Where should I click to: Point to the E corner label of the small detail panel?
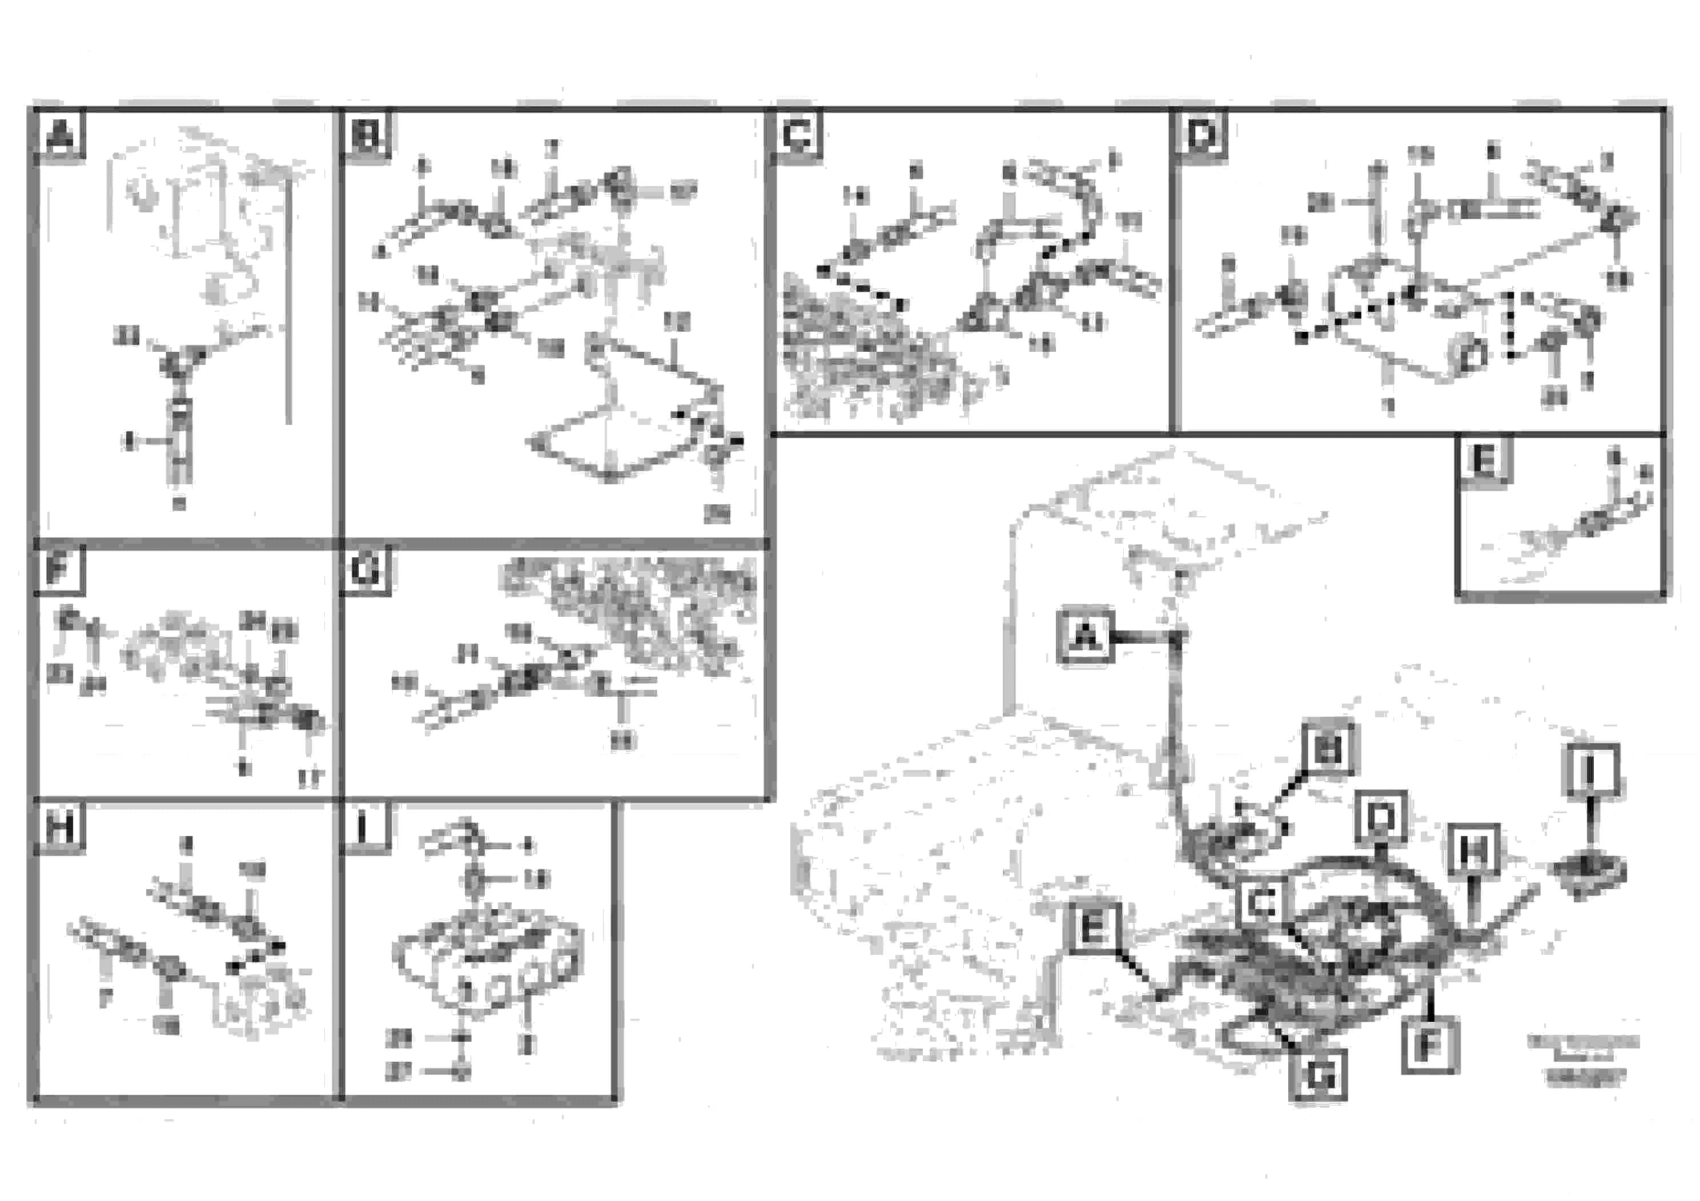(x=1484, y=460)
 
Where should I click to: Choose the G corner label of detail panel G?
(x=367, y=570)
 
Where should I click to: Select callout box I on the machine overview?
(x=1591, y=772)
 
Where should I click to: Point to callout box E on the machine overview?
(x=1094, y=926)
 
